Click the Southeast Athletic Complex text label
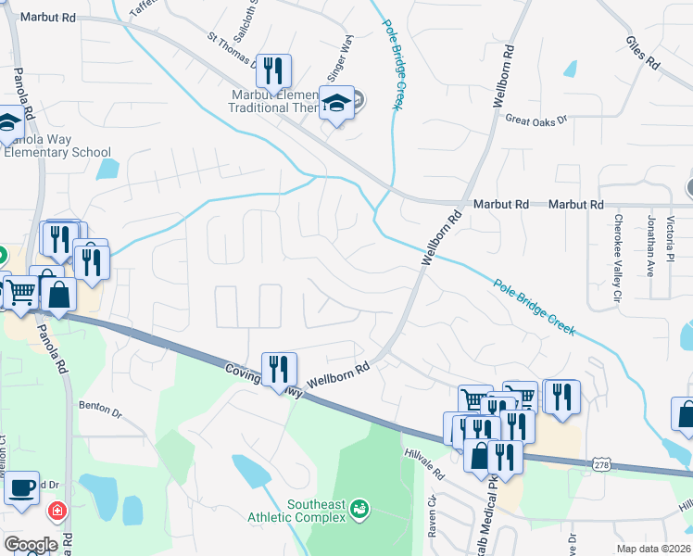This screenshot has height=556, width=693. click(x=304, y=511)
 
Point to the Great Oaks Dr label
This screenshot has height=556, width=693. click(x=535, y=119)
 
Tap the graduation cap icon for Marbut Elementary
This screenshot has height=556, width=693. click(x=336, y=104)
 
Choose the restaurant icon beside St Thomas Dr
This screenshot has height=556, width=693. click(x=273, y=70)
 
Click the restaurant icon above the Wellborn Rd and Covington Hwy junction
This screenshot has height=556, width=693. click(x=279, y=370)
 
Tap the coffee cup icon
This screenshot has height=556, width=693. click(x=22, y=488)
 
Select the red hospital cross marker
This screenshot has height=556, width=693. click(x=57, y=510)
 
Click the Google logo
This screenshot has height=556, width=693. click(x=31, y=545)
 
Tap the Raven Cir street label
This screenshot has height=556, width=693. click(x=432, y=512)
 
